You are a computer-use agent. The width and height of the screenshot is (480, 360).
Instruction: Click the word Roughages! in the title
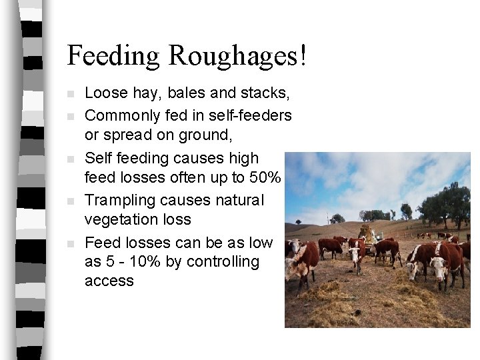coord(238,56)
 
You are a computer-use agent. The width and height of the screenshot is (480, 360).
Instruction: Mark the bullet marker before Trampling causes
coord(72,201)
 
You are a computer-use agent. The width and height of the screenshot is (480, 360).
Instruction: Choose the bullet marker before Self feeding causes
coord(72,159)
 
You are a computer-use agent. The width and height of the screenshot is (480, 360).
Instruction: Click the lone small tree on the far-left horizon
coord(298,221)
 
